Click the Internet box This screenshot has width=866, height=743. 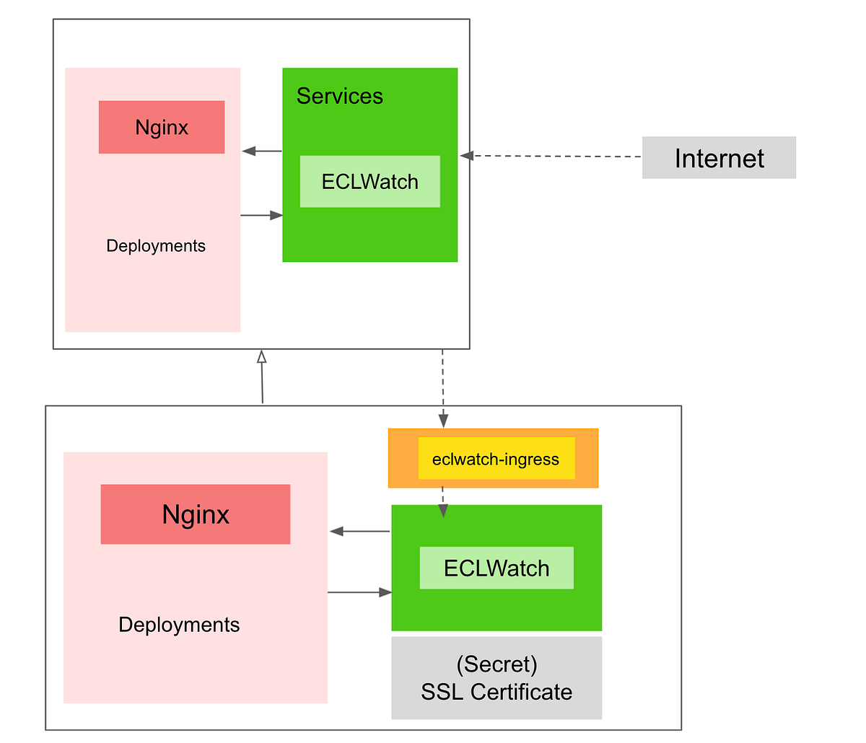(719, 158)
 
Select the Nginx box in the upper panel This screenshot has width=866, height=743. (162, 128)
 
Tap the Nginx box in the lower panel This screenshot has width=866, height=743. (196, 514)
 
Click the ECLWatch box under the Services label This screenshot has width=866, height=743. (369, 182)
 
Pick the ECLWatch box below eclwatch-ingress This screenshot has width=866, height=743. (497, 568)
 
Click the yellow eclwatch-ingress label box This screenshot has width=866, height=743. (496, 459)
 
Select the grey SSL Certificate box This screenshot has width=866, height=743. (497, 678)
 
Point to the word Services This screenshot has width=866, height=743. (339, 96)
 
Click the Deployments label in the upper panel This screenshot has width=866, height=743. (156, 246)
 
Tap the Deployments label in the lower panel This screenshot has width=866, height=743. (179, 625)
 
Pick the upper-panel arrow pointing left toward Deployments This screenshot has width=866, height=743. (261, 151)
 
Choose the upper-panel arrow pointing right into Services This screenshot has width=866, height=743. (261, 215)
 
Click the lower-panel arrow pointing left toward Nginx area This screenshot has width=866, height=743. (359, 532)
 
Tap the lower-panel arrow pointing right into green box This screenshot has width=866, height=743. (359, 592)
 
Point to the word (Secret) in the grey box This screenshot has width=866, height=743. (497, 664)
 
